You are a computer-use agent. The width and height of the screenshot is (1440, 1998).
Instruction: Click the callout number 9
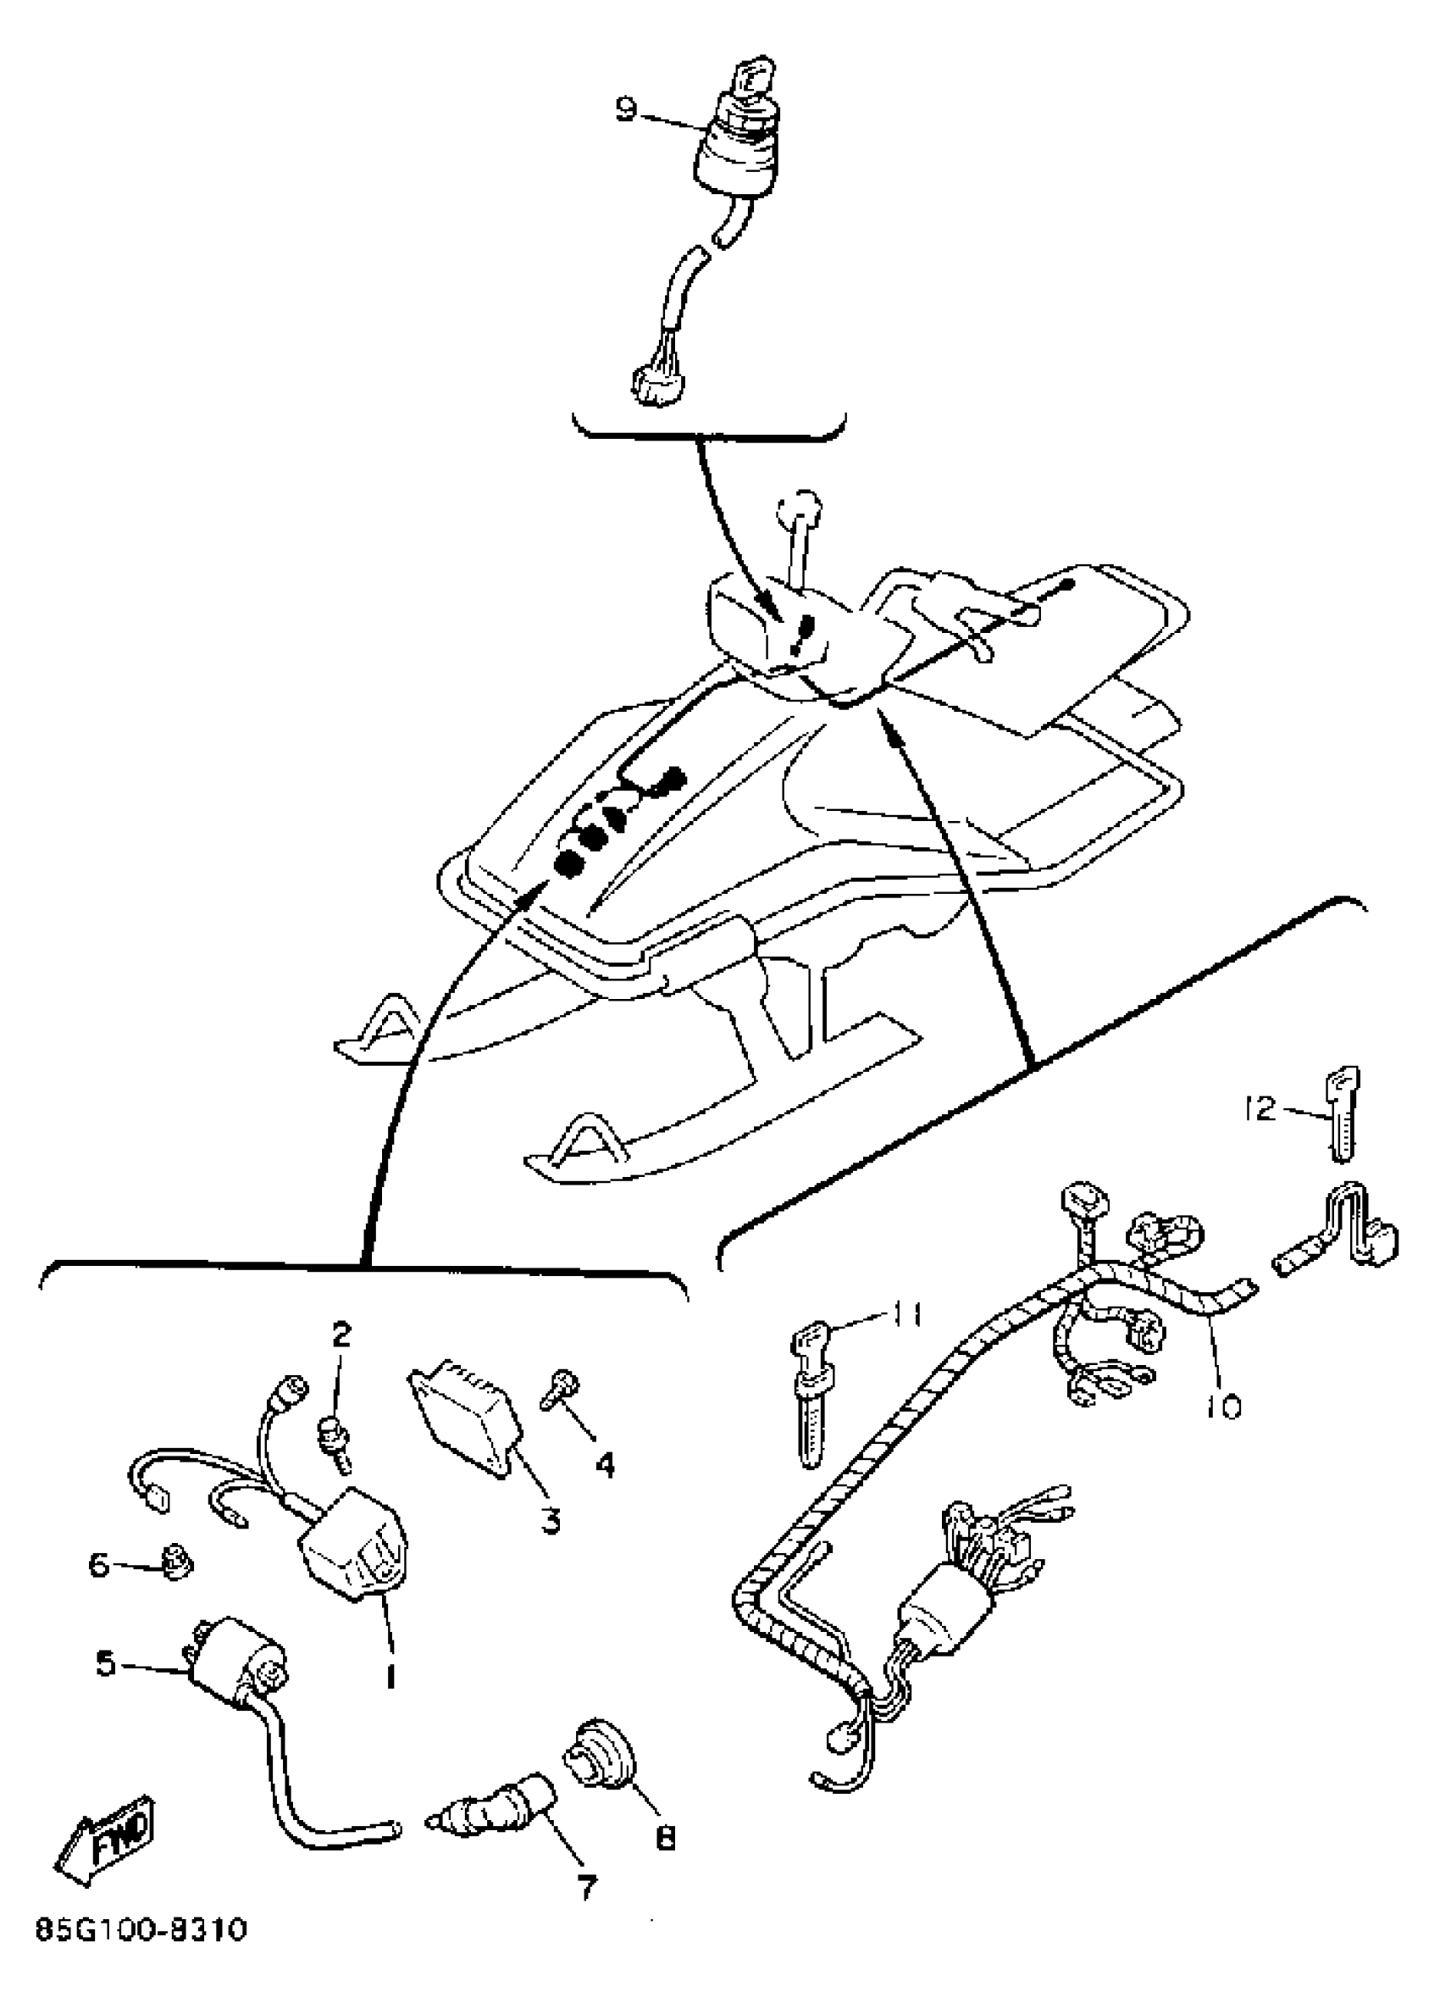coord(624,111)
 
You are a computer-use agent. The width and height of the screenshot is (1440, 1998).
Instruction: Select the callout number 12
coord(1260,1109)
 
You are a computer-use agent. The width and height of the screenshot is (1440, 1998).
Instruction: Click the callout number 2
coord(341,1335)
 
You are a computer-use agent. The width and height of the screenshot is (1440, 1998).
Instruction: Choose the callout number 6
coord(97,1566)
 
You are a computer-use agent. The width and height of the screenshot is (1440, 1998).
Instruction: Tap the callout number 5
coord(106,1664)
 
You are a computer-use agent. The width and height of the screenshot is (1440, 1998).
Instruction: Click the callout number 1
coord(389,1673)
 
